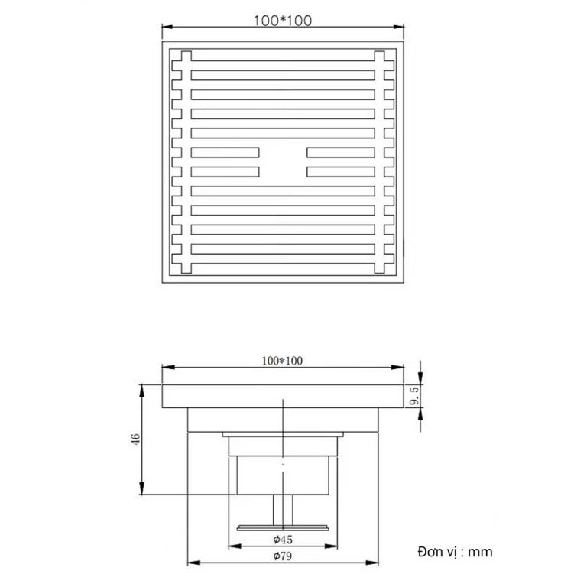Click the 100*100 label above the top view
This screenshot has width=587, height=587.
tap(282, 21)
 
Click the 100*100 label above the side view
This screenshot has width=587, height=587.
tap(283, 361)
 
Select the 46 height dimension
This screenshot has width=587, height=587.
tap(135, 439)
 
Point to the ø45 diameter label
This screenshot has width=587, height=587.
tap(283, 540)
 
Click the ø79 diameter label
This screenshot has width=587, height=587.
tap(283, 557)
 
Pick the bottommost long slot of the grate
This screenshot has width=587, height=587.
tap(283, 249)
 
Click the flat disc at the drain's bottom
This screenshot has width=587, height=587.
tap(282, 527)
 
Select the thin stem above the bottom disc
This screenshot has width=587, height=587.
tap(282, 508)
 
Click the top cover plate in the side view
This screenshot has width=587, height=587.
tap(282, 397)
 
